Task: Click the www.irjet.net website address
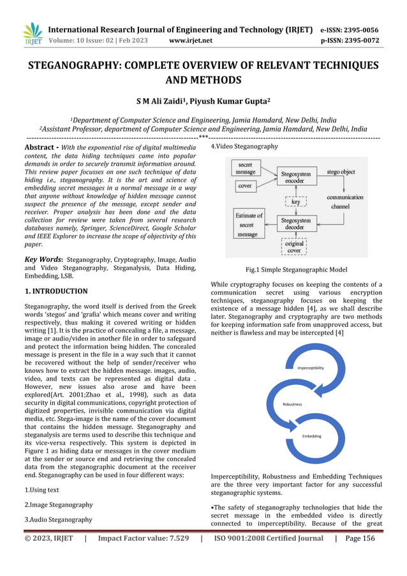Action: [x=189, y=40]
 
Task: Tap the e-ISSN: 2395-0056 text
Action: [x=349, y=29]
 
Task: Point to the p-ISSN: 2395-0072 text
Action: [x=349, y=40]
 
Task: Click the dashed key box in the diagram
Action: [x=295, y=201]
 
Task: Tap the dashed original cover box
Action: [x=294, y=246]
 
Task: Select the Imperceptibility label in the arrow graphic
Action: [x=311, y=368]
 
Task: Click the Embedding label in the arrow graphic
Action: [x=311, y=436]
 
